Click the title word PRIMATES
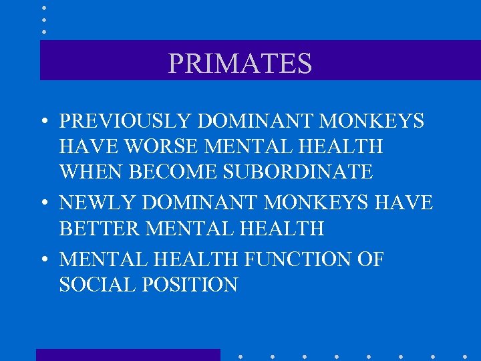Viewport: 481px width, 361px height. [240, 64]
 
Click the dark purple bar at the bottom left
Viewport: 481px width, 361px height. [128, 355]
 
